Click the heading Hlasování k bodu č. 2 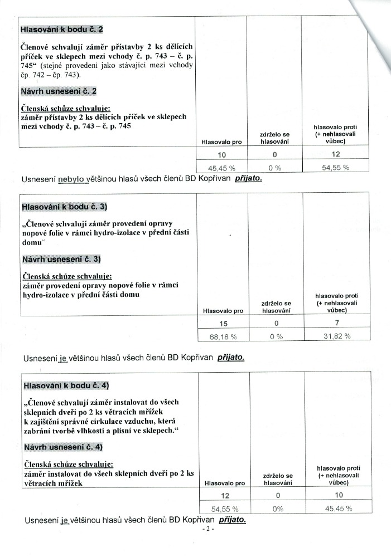pyautogui.click(x=61, y=28)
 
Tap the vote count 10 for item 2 pyautogui.click(x=221, y=154)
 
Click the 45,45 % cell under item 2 pyautogui.click(x=221, y=168)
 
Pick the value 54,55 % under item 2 pyautogui.click(x=335, y=167)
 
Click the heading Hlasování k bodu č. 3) pyautogui.click(x=64, y=207)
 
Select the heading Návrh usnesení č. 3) pyautogui.click(x=62, y=260)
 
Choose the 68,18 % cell pyautogui.click(x=222, y=336)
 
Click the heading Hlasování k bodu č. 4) pyautogui.click(x=66, y=385)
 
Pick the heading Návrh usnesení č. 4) pyautogui.click(x=63, y=447)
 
